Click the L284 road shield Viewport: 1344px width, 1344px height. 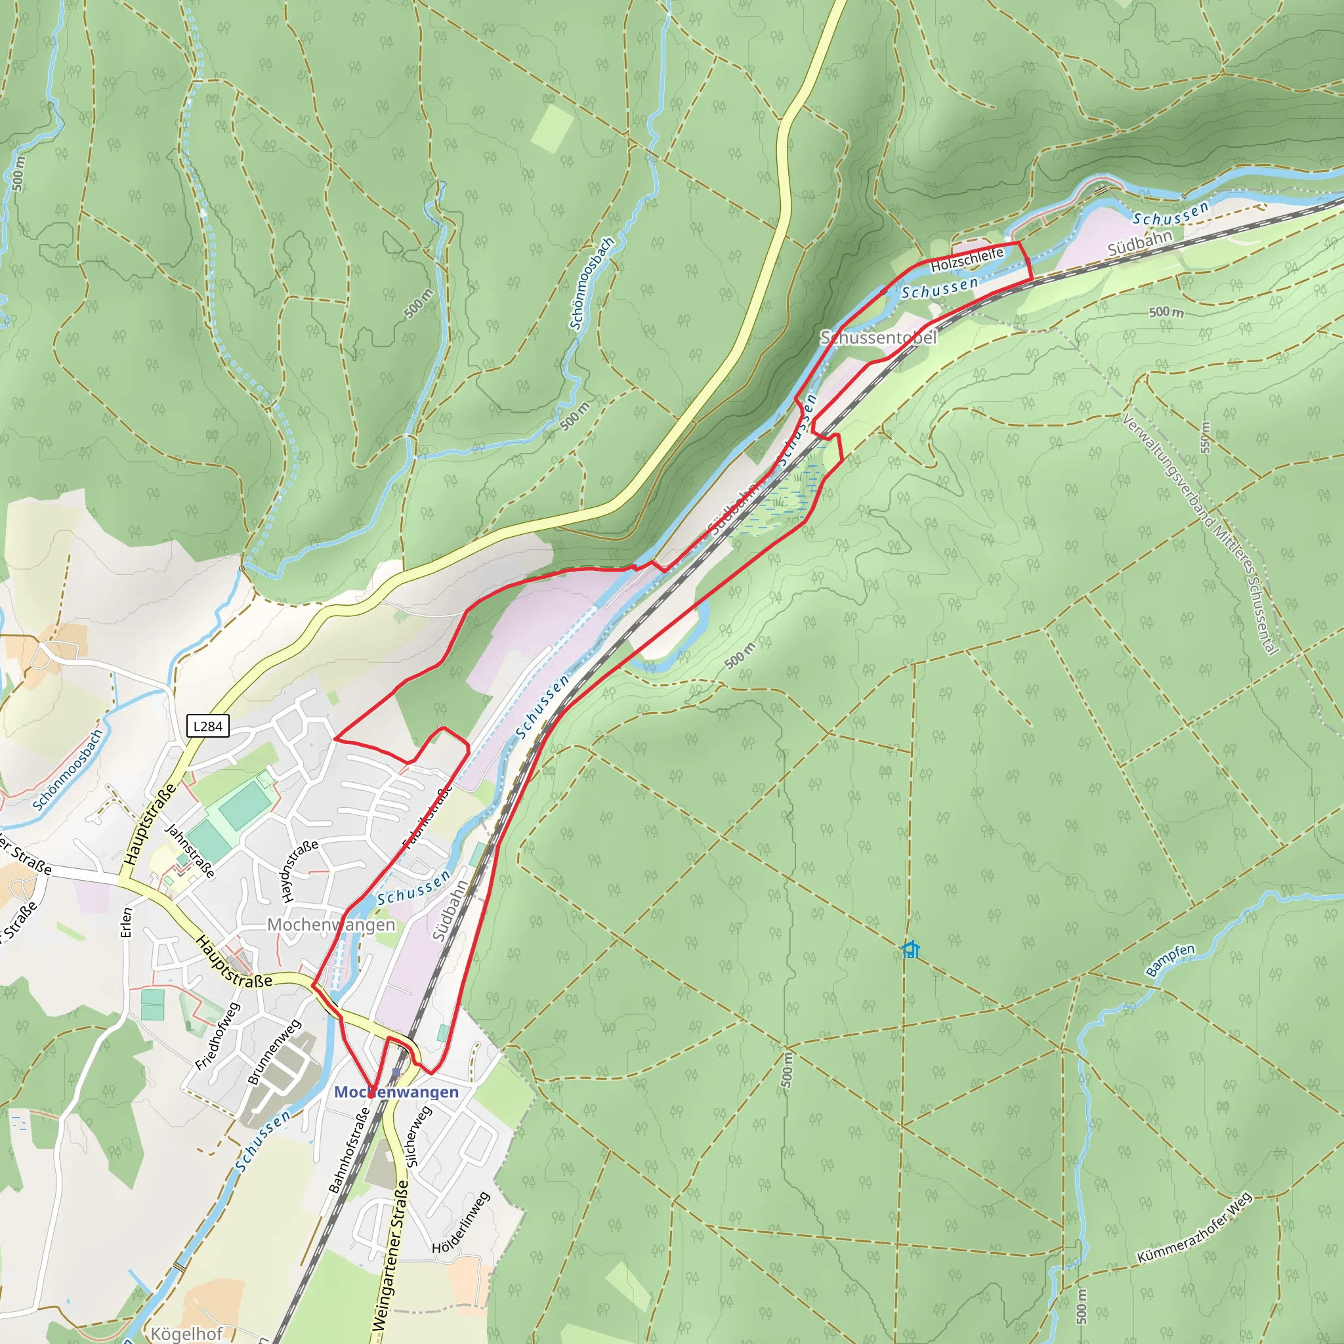(207, 726)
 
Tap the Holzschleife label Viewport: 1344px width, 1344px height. (966, 259)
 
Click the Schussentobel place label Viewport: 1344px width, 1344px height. (879, 338)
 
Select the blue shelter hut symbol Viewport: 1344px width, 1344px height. (911, 950)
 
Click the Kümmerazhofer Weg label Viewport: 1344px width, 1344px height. (1194, 1228)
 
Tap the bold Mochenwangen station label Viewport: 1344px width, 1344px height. (396, 1092)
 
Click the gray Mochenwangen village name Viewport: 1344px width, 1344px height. (331, 925)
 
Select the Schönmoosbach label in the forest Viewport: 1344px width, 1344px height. (591, 283)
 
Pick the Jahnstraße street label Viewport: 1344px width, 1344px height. (189, 850)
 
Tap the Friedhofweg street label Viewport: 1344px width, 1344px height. (217, 1036)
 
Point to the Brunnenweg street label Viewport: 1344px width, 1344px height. (274, 1052)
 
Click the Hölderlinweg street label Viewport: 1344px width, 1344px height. (461, 1224)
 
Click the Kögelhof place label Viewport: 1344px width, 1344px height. (186, 1333)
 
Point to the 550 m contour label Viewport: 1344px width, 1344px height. (1206, 438)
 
